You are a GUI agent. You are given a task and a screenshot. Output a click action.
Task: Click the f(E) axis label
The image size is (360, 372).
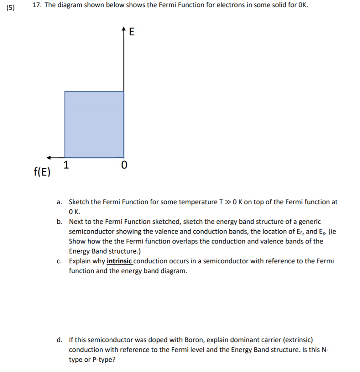[42, 172]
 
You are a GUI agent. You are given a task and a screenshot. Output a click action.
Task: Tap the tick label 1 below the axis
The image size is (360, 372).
[66, 165]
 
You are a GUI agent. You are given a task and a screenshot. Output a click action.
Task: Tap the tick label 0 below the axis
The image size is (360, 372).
[124, 166]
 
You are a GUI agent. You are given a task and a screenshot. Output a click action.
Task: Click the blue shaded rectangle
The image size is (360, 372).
[94, 124]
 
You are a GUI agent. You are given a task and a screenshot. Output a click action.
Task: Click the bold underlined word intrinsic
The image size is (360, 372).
[119, 261]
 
